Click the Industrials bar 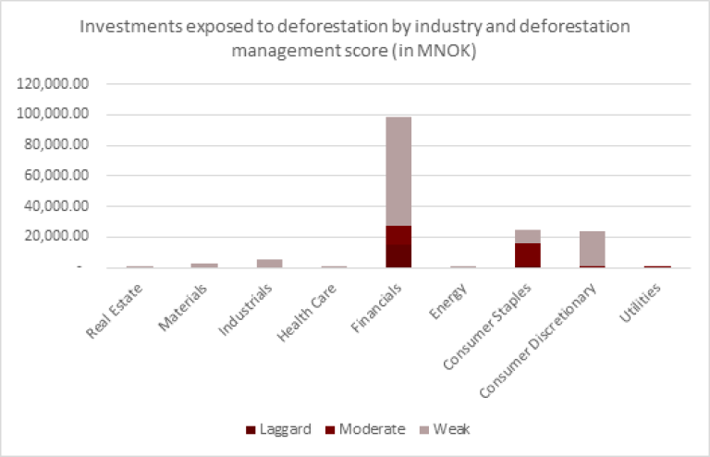269,264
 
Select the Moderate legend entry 364,429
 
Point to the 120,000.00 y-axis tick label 53,84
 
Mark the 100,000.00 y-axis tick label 53,115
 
